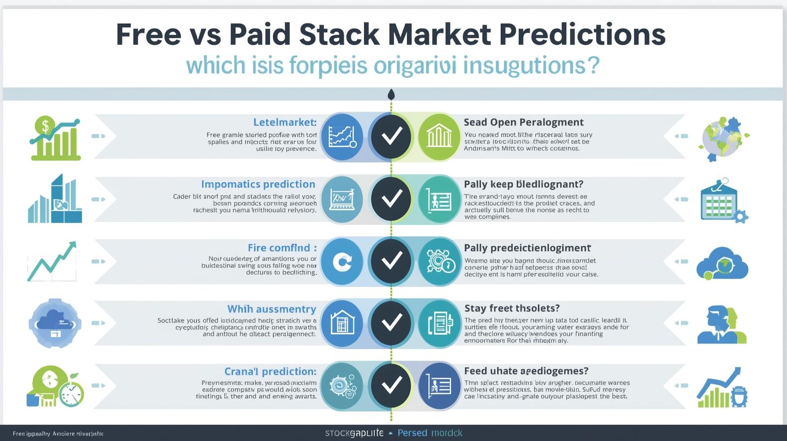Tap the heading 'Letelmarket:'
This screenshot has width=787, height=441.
(285, 122)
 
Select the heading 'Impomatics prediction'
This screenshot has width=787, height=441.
(258, 184)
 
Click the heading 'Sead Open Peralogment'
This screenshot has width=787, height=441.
(523, 122)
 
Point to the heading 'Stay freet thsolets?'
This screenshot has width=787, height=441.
(512, 308)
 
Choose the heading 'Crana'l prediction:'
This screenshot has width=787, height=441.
(270, 371)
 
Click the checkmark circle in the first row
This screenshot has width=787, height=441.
(392, 136)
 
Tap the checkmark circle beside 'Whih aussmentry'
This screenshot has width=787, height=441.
(392, 323)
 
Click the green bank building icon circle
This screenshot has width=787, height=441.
(439, 136)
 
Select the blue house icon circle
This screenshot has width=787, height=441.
(342, 323)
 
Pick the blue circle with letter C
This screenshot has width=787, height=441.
(342, 261)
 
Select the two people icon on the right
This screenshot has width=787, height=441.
(721, 325)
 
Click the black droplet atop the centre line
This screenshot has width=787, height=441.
(391, 94)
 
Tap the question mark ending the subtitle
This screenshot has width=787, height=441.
(593, 65)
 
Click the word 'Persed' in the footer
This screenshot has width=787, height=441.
(412, 433)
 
